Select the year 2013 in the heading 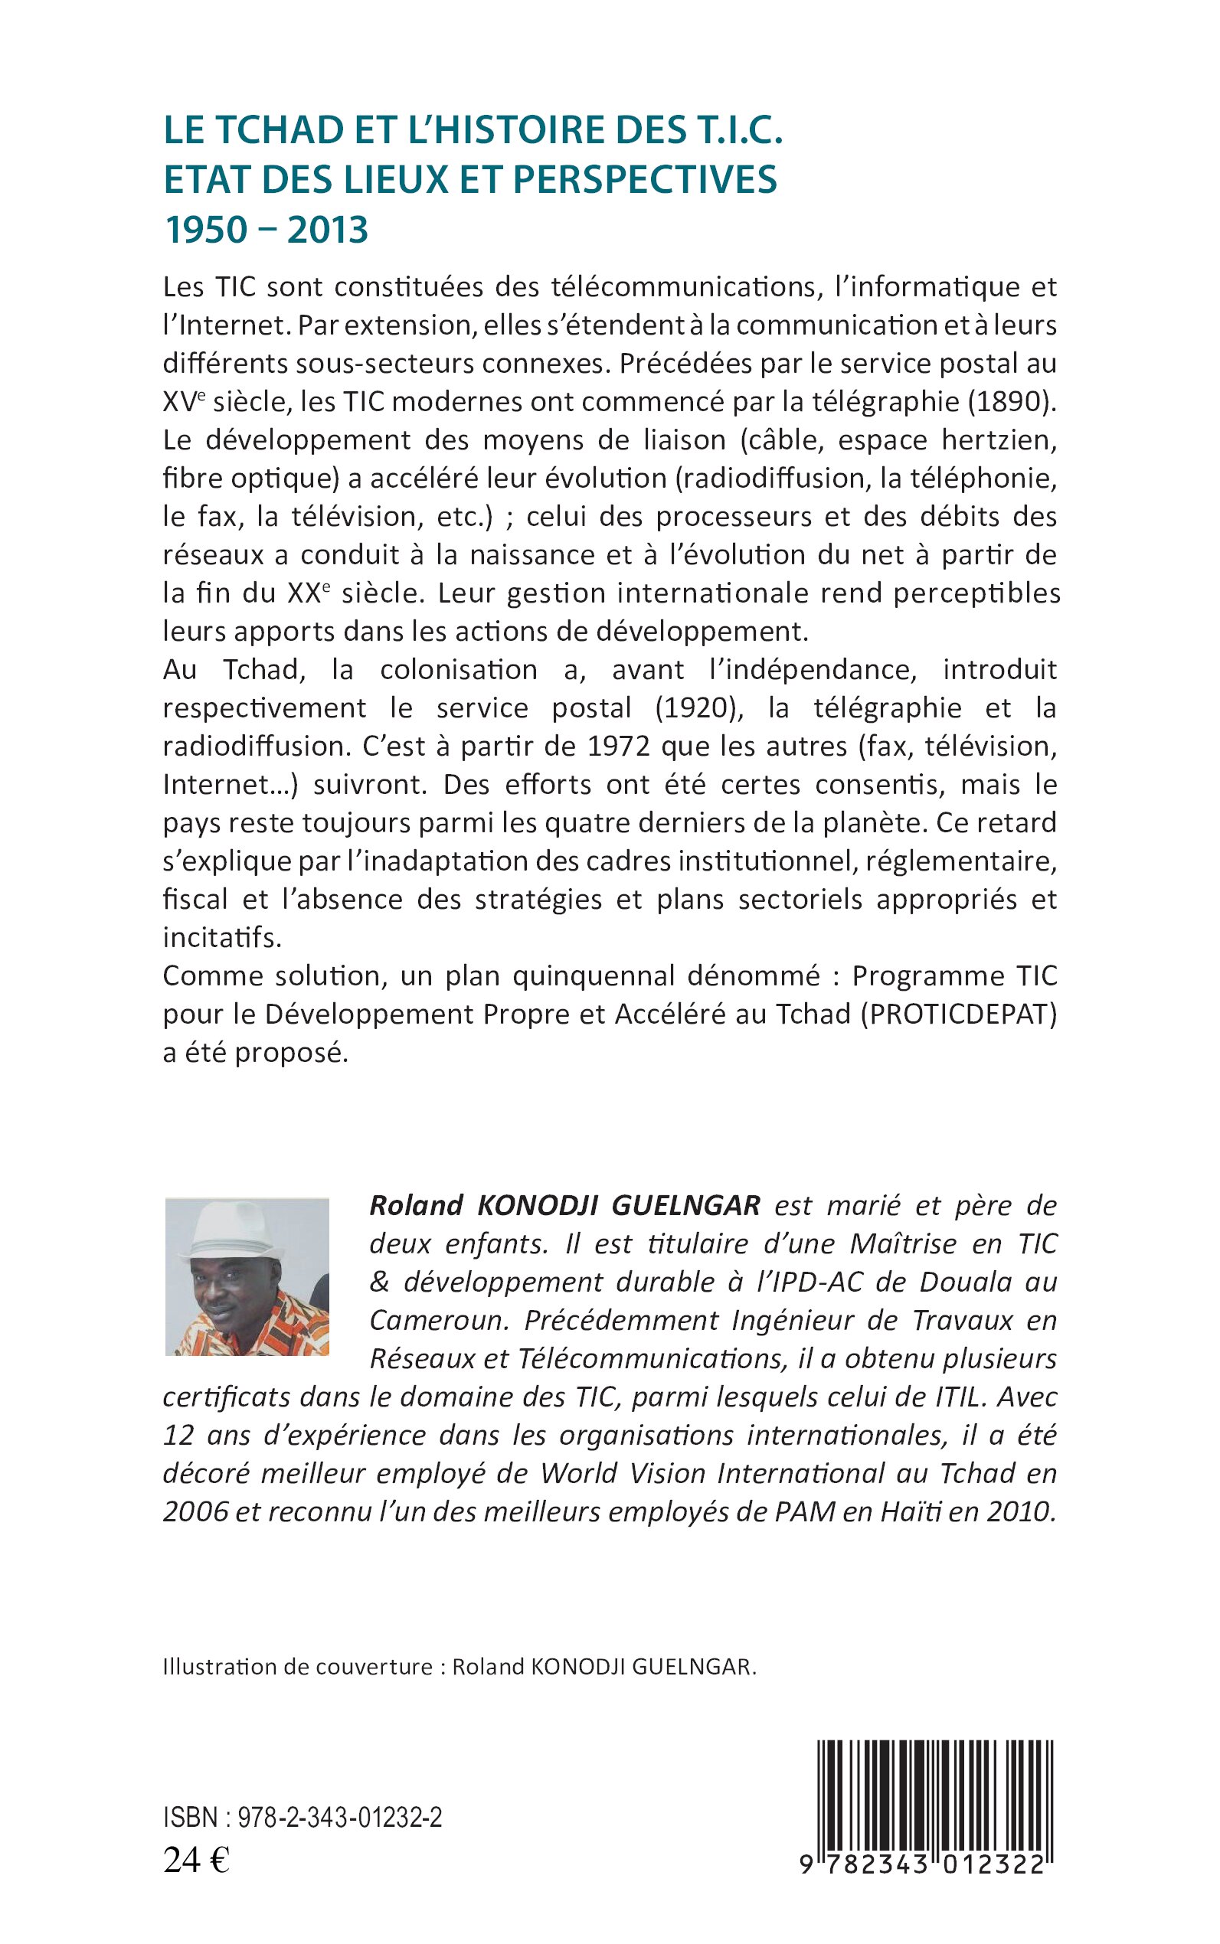pos(328,230)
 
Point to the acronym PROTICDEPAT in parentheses pos(959,1014)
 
